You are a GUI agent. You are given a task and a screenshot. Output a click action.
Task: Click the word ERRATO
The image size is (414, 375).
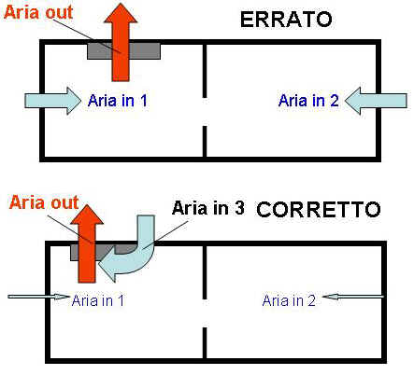286,20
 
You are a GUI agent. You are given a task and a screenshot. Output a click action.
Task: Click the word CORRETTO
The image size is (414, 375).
319,209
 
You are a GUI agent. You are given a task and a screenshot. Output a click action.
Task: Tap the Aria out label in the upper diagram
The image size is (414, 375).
38,12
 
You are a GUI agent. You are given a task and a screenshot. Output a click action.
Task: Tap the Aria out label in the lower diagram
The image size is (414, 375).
44,202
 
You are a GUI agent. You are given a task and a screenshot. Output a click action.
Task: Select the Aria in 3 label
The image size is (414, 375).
208,208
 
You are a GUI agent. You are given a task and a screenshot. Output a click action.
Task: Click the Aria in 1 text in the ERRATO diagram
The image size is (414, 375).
118,101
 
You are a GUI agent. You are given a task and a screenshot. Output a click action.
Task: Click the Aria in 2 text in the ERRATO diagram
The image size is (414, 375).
308,101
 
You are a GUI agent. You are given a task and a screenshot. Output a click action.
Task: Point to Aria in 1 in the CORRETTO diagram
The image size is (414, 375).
98,300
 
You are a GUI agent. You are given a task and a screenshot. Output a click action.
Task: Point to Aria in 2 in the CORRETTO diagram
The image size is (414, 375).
289,300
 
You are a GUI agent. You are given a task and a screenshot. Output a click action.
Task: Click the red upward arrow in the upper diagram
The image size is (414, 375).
121,44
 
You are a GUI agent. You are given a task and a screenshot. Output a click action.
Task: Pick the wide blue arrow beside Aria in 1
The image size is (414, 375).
52,101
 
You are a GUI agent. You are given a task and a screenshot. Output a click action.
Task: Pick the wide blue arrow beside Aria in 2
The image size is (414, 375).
376,101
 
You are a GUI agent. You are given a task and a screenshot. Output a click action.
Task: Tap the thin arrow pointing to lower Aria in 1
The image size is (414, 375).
38,297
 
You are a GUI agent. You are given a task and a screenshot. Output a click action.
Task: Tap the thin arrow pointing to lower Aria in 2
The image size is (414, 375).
353,297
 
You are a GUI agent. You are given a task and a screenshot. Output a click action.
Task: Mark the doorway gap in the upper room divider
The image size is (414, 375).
205,112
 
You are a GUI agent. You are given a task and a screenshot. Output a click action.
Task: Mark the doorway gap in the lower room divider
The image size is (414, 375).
205,313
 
